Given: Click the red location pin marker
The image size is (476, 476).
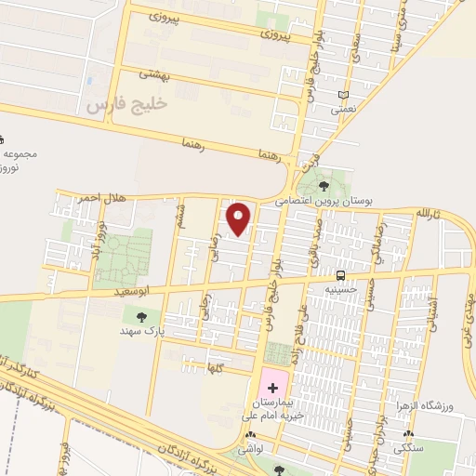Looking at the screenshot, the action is [240, 218].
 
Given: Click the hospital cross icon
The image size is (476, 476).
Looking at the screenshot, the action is [272, 385].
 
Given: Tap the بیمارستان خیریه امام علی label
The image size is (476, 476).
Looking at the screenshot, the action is [272, 411].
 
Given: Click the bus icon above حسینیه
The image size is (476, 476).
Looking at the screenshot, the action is [341, 275].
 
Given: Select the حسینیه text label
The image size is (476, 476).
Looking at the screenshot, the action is [340, 289].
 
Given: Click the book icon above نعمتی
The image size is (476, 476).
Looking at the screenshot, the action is [344, 95].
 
